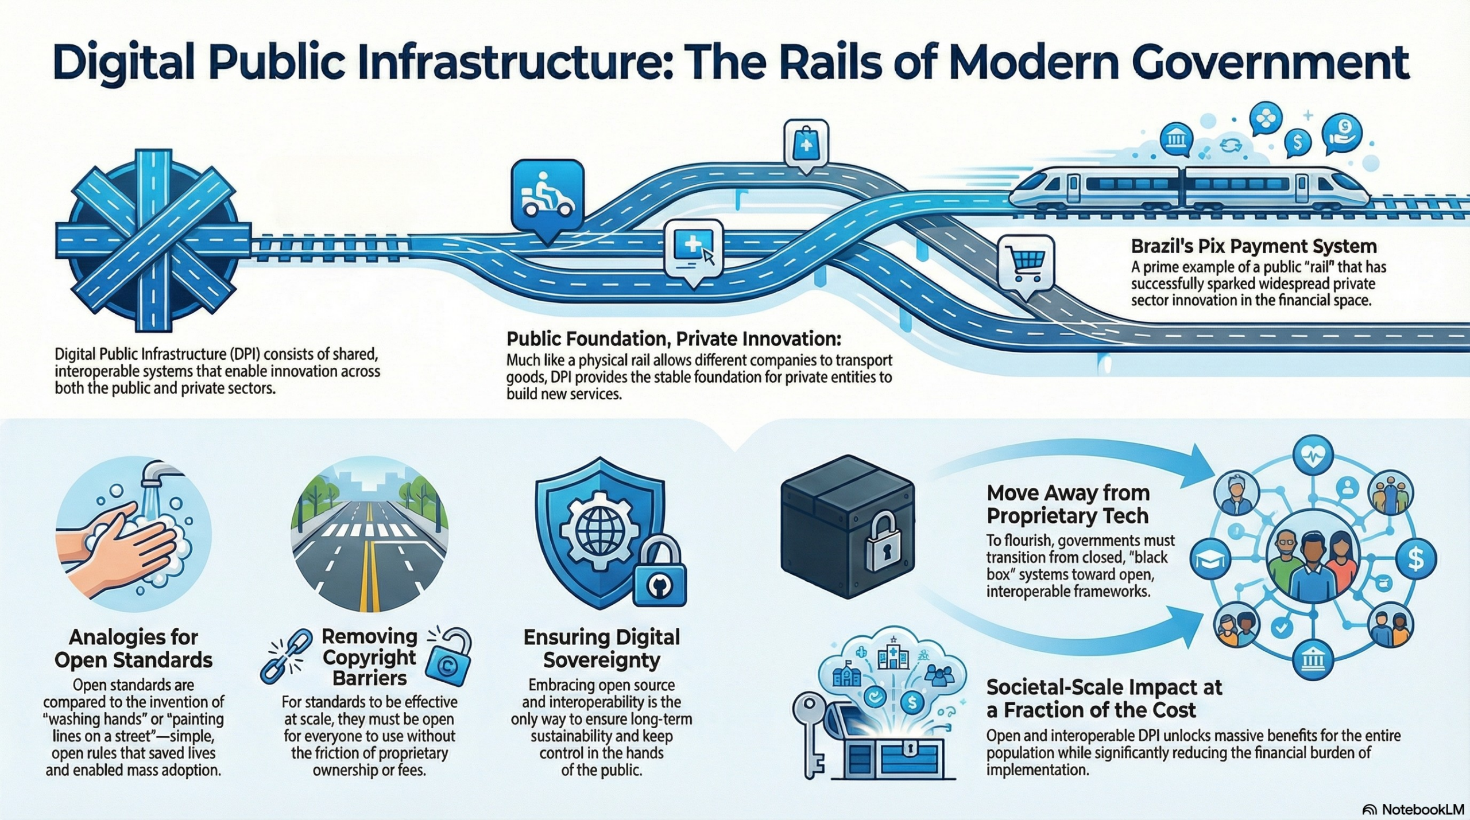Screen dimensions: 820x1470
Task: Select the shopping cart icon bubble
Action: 1026,266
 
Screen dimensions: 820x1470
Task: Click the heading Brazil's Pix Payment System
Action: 1254,247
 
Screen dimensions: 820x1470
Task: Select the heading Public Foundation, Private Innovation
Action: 673,339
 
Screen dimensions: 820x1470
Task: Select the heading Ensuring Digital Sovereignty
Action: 601,648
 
